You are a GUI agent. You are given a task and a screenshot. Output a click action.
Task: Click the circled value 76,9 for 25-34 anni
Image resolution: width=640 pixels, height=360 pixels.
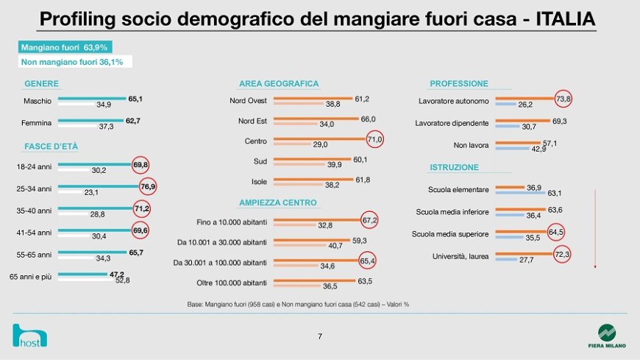tap(148, 187)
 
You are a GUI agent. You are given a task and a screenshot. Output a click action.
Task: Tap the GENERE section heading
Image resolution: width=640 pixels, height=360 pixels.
tap(41, 83)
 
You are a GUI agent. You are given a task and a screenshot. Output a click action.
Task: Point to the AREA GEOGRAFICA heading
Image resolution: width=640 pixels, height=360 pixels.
tap(279, 83)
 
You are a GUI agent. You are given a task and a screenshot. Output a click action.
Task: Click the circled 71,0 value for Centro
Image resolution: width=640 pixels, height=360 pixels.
tap(375, 138)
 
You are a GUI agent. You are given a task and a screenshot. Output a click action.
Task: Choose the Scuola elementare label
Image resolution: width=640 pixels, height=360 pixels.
tap(458, 189)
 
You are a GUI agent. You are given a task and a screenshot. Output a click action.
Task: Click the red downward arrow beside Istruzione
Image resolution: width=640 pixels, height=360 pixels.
tap(595, 228)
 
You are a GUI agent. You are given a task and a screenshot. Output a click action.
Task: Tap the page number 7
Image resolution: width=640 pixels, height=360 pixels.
tap(319, 336)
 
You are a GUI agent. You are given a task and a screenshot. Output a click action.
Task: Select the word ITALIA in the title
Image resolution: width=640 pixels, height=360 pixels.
tap(556, 18)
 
